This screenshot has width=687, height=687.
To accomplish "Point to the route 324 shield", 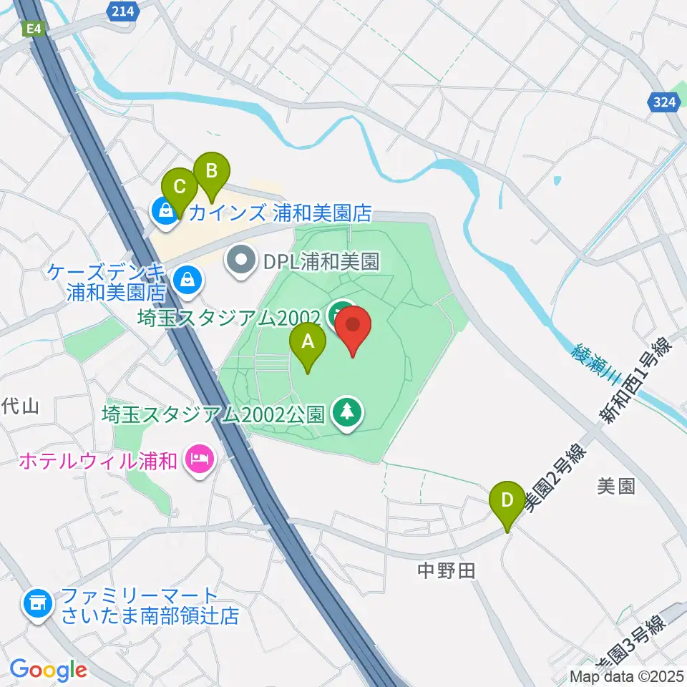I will [x=665, y=103].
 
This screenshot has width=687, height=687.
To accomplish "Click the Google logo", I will [x=48, y=669].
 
